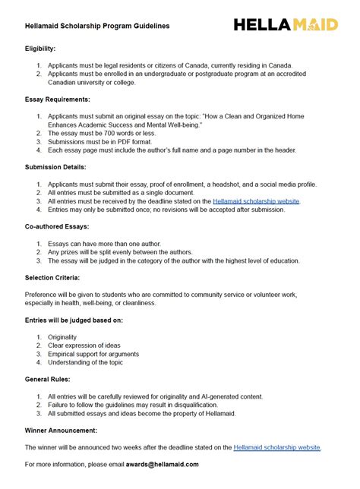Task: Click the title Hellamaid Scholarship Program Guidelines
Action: pos(97,26)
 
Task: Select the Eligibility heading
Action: pos(40,48)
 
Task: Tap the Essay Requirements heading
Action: pos(58,99)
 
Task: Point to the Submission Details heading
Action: pos(55,166)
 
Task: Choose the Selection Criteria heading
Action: pos(52,277)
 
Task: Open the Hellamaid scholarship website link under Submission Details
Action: pos(256,201)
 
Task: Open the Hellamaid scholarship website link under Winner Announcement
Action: pos(277,447)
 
